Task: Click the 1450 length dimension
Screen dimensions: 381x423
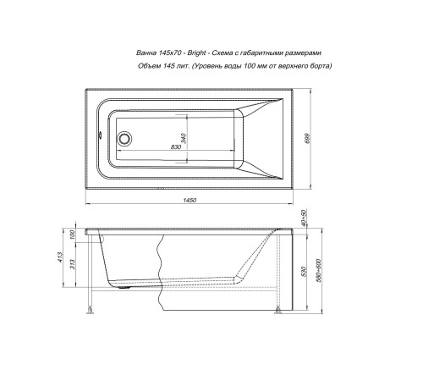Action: click(x=190, y=200)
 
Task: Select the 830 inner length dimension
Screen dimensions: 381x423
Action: click(x=177, y=148)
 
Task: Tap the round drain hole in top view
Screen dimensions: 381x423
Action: click(x=125, y=137)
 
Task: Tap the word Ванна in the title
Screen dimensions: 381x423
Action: click(x=141, y=52)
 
